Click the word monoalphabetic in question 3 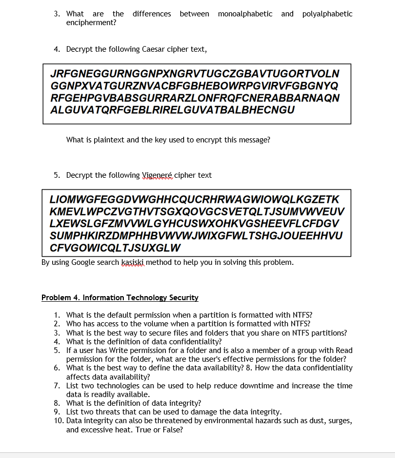[x=245, y=14]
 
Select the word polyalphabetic [x=327, y=14]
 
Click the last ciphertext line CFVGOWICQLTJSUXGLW [x=115, y=248]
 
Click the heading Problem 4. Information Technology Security [x=120, y=298]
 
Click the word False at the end [x=171, y=429]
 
